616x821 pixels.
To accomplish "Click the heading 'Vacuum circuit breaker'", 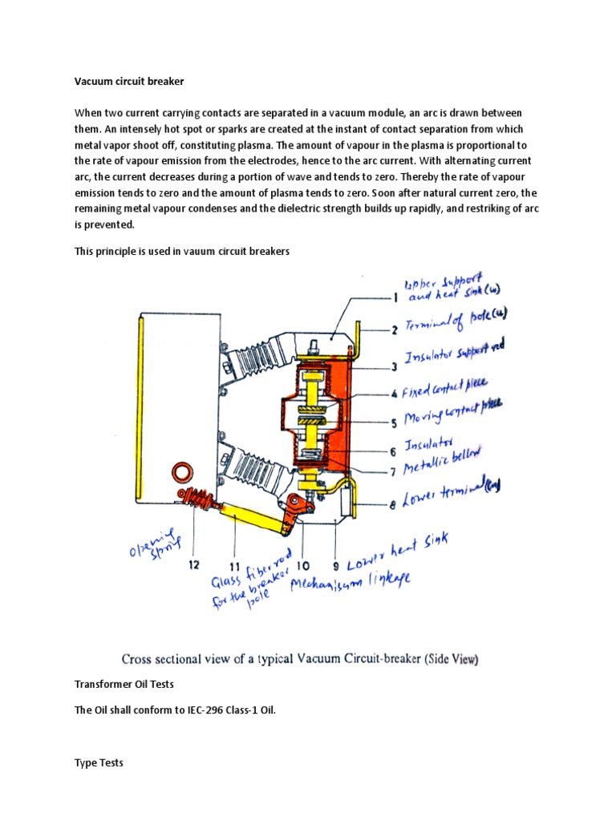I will pyautogui.click(x=129, y=81).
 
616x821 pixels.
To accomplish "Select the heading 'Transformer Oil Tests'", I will pyautogui.click(x=124, y=684).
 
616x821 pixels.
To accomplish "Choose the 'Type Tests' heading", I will pyautogui.click(x=99, y=762).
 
